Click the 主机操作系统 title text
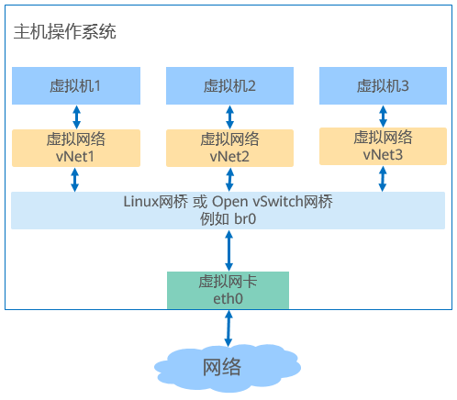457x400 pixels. coord(65,31)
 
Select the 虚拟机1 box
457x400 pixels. coord(76,85)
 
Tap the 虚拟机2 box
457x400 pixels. coord(229,85)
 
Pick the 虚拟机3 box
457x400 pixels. coord(383,85)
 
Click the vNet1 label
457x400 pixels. coord(75,157)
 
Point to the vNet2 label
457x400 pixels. coord(229,157)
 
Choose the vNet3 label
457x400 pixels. coord(383,155)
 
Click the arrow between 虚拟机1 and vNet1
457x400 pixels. coord(76,117)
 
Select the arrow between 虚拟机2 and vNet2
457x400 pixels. coord(229,117)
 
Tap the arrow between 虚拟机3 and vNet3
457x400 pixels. coord(383,117)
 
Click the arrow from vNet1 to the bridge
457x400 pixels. coord(75,180)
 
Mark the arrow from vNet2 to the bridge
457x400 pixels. coord(229,180)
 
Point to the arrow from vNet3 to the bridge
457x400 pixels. coord(383,179)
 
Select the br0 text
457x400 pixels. coord(245,219)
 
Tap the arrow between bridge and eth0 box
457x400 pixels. coord(228,250)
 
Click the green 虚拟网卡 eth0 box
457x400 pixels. coord(228,290)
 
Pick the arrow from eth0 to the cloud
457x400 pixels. coord(228,328)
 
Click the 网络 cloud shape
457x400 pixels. coord(228,368)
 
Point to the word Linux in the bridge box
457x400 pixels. coord(140,202)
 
